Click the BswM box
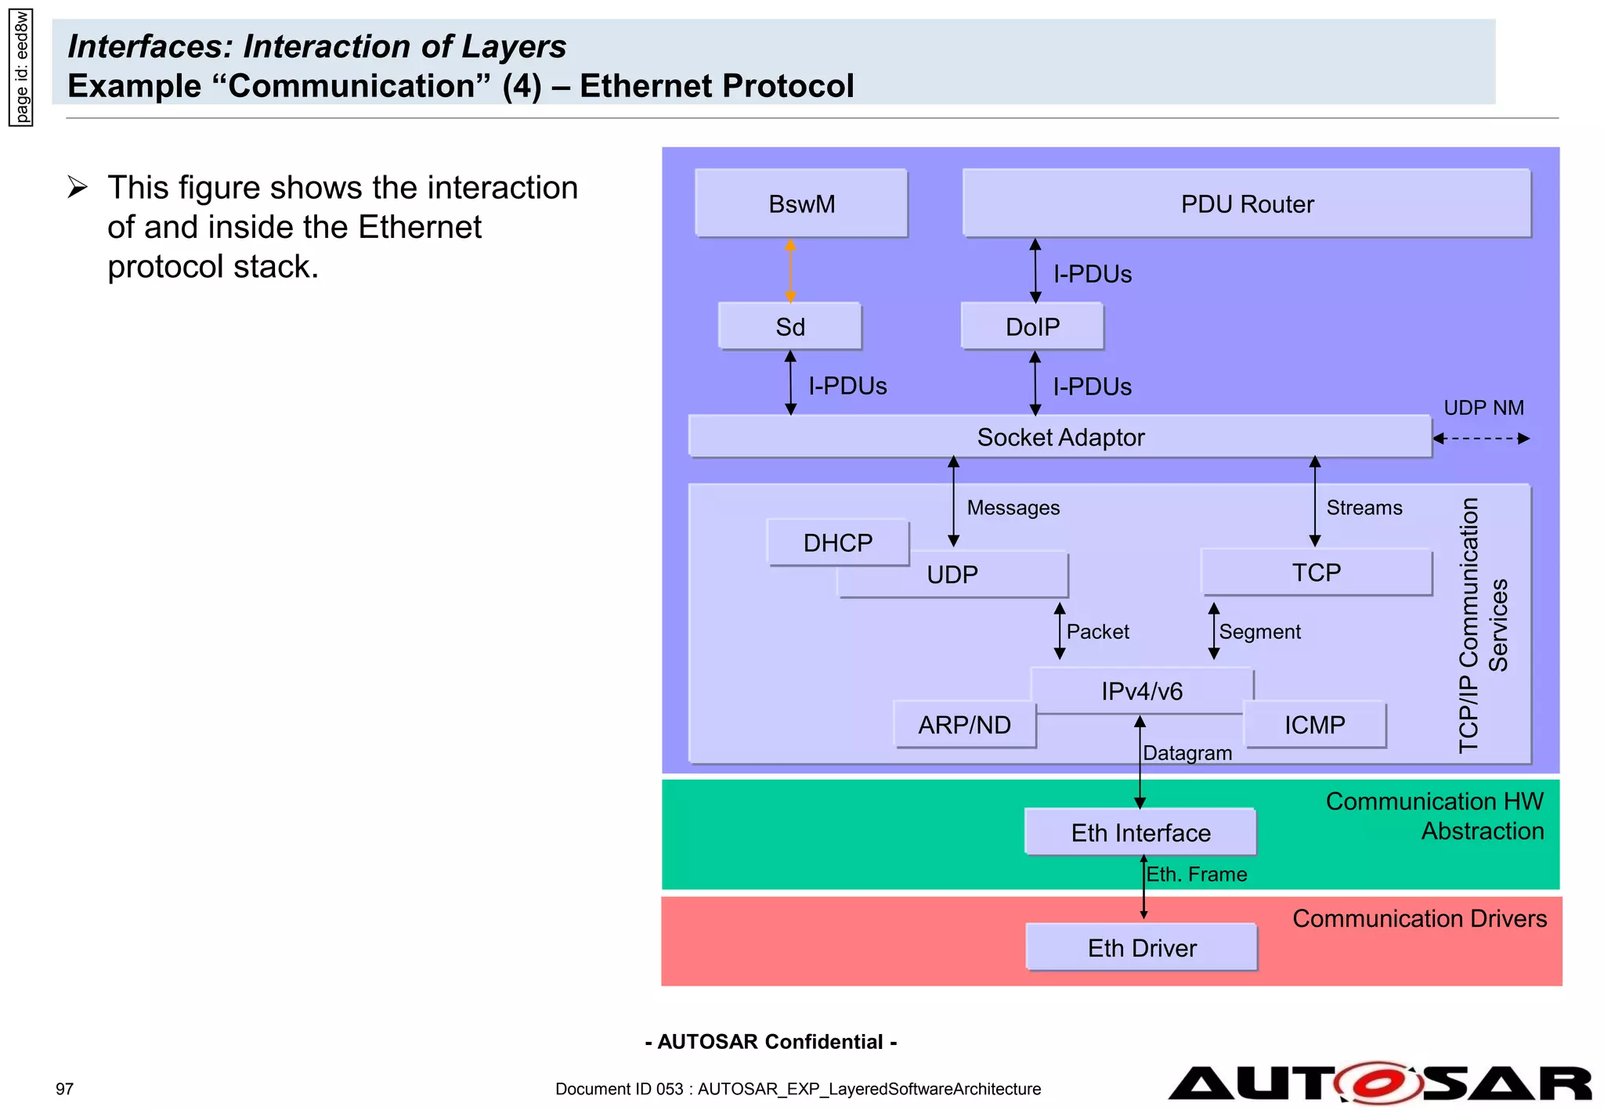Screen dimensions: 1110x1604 pyautogui.click(x=801, y=204)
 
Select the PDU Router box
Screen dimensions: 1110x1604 pyautogui.click(x=1246, y=204)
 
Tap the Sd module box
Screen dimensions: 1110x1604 pyautogui.click(x=789, y=326)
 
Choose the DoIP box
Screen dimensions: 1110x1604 pyautogui.click(x=1032, y=326)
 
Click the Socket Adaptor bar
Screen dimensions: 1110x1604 pyautogui.click(x=1060, y=437)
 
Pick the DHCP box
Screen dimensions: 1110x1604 pyautogui.click(x=837, y=542)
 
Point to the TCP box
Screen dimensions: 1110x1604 pyautogui.click(x=1316, y=572)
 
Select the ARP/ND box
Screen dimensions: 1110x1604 pyautogui.click(x=964, y=725)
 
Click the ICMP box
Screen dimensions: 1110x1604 pyautogui.click(x=1314, y=725)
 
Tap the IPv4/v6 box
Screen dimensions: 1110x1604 pyautogui.click(x=1141, y=690)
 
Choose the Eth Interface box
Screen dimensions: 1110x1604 pyautogui.click(x=1140, y=832)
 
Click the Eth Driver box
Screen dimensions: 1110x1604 pyautogui.click(x=1141, y=948)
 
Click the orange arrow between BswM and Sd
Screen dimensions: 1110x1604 pyautogui.click(x=790, y=271)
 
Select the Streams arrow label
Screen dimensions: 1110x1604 pyautogui.click(x=1364, y=507)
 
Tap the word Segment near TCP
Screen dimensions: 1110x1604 pyautogui.click(x=1259, y=632)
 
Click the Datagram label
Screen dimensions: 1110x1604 pyautogui.click(x=1187, y=753)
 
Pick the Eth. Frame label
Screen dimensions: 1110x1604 pyautogui.click(x=1196, y=874)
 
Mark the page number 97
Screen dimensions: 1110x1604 pyautogui.click(x=64, y=1089)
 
